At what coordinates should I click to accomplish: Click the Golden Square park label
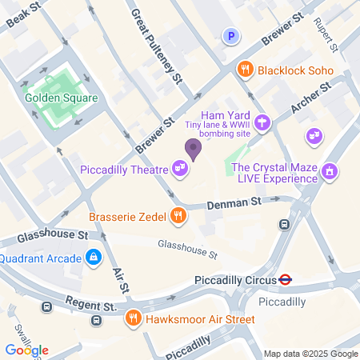(61, 98)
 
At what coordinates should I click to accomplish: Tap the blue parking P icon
(232, 35)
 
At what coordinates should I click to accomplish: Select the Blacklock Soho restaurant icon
(246, 70)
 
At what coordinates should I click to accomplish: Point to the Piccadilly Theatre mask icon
(181, 168)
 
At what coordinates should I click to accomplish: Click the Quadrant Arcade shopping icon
(94, 258)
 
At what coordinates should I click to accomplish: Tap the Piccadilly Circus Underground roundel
(284, 280)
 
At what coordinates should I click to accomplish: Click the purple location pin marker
(192, 148)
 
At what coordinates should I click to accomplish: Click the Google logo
(26, 350)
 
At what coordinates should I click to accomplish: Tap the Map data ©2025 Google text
(310, 354)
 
